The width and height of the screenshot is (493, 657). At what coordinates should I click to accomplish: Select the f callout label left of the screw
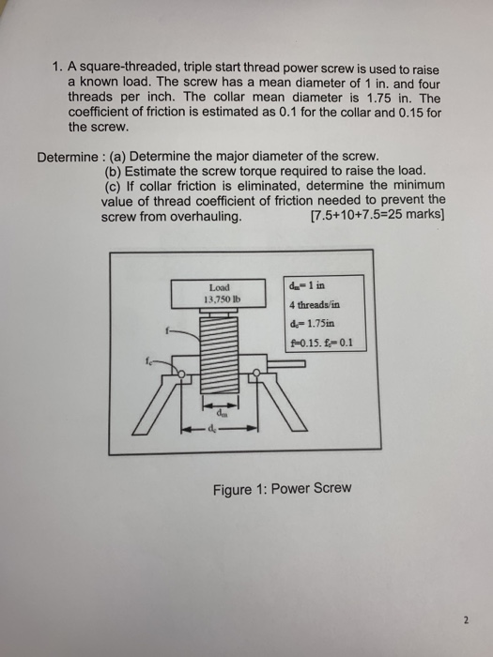(x=164, y=330)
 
